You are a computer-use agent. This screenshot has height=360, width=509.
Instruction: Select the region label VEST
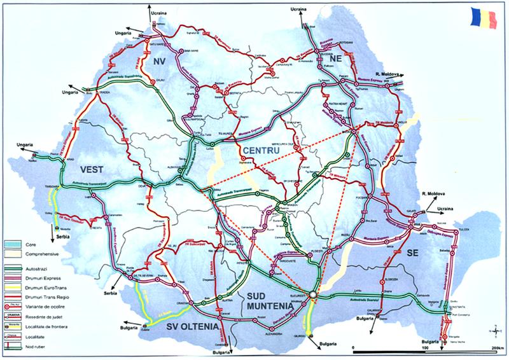94,169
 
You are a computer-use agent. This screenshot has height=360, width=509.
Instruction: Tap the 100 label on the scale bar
424,349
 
